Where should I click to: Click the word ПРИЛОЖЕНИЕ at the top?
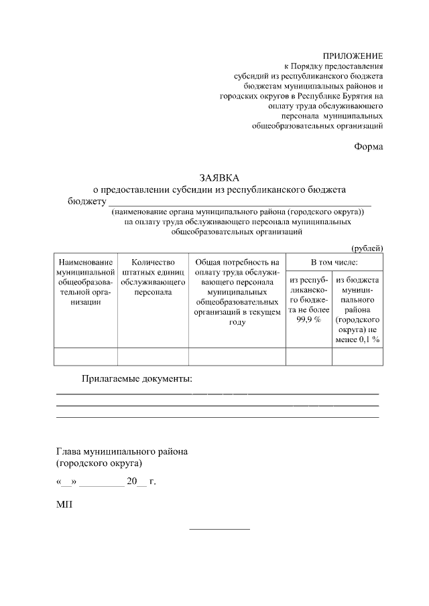pyautogui.click(x=353, y=56)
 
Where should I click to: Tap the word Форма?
pyautogui.click(x=369, y=147)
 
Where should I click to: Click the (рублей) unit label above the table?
pyautogui.click(x=367, y=247)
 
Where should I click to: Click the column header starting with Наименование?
pyautogui.click(x=86, y=282)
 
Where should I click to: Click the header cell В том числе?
pyautogui.click(x=334, y=262)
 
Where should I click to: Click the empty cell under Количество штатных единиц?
pyautogui.click(x=153, y=357)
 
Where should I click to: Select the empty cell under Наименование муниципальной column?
pyautogui.click(x=86, y=357)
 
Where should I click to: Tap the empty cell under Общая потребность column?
pyautogui.click(x=237, y=357)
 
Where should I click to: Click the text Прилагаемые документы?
pyautogui.click(x=137, y=379)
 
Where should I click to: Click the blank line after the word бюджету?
pyautogui.click(x=240, y=202)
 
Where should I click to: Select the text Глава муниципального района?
pyautogui.click(x=122, y=451)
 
